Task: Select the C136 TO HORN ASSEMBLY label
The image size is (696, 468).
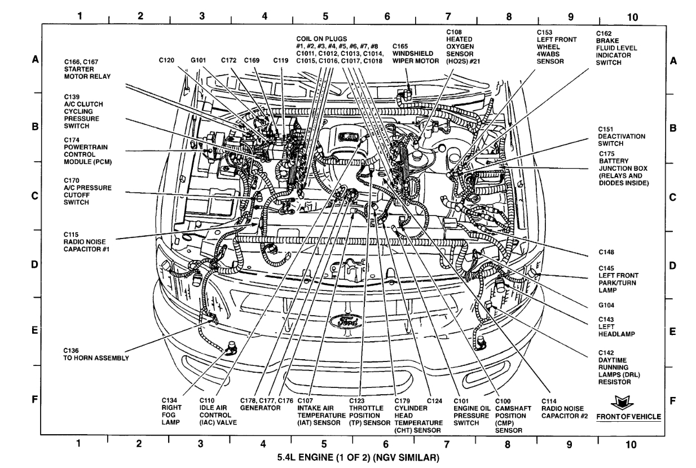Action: tap(96, 355)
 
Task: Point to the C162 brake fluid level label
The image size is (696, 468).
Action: tap(616, 48)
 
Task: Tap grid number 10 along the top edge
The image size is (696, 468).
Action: tap(632, 17)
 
